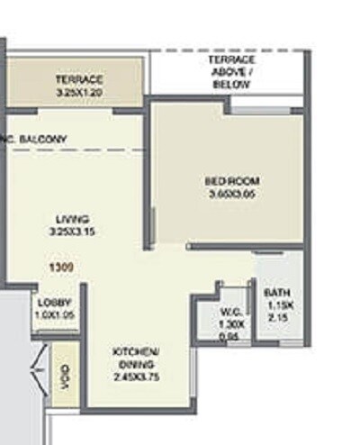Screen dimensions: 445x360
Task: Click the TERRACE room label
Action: coord(78,79)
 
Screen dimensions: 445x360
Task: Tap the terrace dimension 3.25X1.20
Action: coord(78,92)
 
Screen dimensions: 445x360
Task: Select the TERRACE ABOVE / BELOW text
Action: coord(231,71)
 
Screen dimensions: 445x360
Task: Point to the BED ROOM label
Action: coord(231,180)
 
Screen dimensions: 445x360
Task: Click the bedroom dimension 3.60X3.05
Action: coord(231,193)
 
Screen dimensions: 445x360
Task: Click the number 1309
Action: coord(61,268)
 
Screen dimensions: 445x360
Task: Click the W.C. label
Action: coord(229,313)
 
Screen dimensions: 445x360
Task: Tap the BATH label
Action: coord(274,294)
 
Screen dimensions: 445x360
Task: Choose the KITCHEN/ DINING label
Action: coord(137,356)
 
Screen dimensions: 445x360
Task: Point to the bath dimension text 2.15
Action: coord(274,318)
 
